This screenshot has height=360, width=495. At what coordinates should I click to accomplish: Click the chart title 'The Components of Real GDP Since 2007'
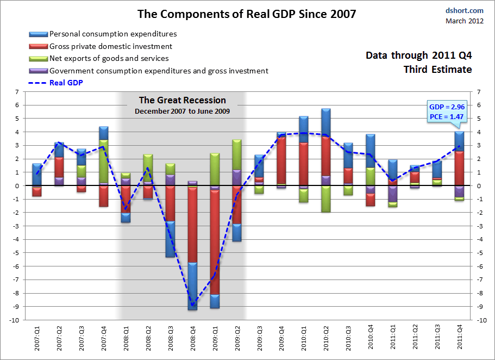pos(247,14)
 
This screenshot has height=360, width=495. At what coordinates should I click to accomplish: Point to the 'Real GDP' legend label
pos(66,83)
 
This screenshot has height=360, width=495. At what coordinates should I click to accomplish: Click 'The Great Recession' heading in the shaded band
pos(182,100)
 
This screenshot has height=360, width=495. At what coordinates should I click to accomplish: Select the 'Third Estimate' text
pos(437,70)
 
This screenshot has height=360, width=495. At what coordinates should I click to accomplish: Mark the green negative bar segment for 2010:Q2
pos(325,198)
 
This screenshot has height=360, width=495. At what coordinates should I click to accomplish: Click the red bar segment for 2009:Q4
pos(281,160)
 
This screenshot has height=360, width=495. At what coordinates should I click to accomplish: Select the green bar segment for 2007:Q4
pos(104,161)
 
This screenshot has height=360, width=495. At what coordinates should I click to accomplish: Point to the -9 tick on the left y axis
pos(17,307)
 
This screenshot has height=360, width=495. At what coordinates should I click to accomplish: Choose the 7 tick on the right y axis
pos(479,92)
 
